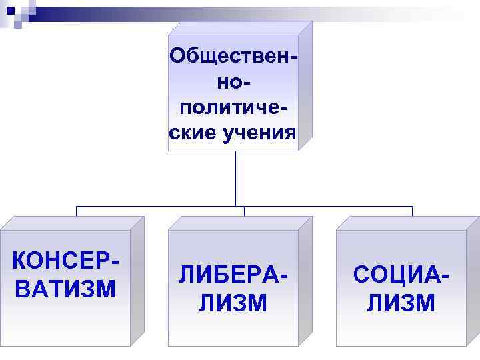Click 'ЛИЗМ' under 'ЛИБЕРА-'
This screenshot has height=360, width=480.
click(233, 303)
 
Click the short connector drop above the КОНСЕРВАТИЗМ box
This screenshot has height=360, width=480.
click(77, 212)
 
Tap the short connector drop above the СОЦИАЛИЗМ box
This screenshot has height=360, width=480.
click(413, 212)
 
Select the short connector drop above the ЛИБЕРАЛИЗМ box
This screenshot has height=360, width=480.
click(245, 212)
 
